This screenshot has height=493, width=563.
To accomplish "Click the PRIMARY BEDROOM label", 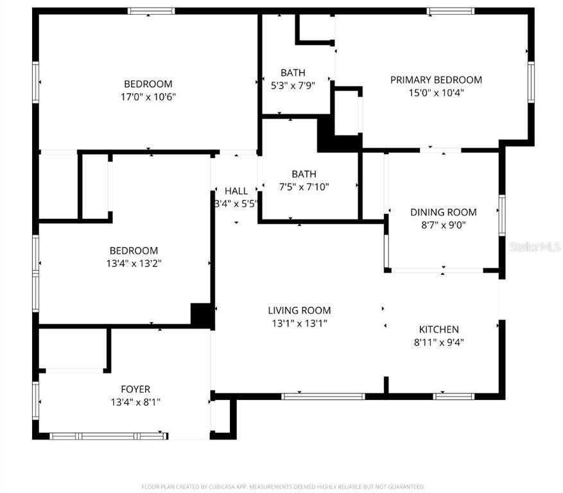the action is click(x=436, y=80).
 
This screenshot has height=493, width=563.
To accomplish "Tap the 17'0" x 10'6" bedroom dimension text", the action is click(x=148, y=96).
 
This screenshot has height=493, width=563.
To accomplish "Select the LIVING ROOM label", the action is click(x=299, y=310).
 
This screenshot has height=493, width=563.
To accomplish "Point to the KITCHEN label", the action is click(x=438, y=329).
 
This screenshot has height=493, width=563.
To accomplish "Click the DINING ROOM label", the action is click(x=444, y=212).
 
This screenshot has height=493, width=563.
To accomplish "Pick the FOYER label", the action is click(x=135, y=389).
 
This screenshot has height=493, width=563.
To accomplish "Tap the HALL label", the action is click(x=236, y=191).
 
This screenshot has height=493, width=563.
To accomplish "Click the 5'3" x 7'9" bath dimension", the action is click(x=293, y=85).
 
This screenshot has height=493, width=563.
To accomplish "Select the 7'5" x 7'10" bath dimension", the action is click(x=304, y=187).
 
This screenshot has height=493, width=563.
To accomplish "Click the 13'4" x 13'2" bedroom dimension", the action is click(x=134, y=263).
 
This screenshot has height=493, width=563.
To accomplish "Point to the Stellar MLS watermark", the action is click(x=535, y=246).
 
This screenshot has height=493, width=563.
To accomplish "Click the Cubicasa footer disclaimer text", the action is click(x=283, y=487).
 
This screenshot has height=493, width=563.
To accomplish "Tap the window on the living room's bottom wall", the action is click(x=323, y=397).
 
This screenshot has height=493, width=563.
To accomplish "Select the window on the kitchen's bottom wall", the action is click(x=453, y=397).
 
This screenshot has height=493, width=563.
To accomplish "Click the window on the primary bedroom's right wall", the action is click(x=531, y=82).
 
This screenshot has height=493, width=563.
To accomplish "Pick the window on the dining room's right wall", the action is click(x=502, y=216).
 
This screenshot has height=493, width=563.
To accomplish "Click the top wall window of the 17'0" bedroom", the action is click(x=151, y=11).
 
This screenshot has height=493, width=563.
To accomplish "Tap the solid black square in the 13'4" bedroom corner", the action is click(x=202, y=315).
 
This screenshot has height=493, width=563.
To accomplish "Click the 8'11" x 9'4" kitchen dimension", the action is click(x=438, y=342).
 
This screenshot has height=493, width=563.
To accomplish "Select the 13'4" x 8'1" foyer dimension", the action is click(x=135, y=402).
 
